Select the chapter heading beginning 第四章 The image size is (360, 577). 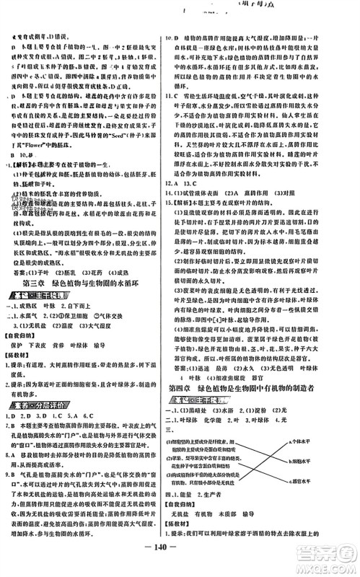point(268,390)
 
